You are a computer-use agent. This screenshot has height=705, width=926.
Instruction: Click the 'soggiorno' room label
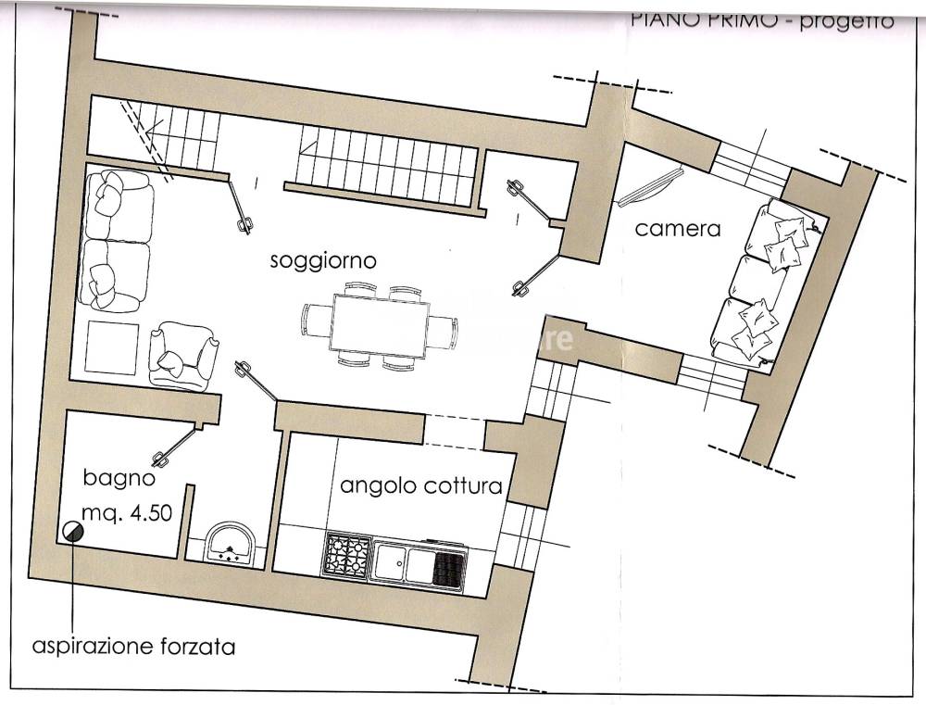click(323, 260)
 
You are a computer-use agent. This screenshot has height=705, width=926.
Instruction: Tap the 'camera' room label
click(677, 228)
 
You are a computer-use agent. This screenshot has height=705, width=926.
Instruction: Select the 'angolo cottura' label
click(421, 485)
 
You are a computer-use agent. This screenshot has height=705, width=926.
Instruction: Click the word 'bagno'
click(119, 479)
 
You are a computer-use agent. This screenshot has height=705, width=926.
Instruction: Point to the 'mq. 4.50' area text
click(126, 513)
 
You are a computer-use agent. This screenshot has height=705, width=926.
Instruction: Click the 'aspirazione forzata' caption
click(133, 646)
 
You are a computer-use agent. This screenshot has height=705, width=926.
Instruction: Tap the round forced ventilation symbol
click(72, 531)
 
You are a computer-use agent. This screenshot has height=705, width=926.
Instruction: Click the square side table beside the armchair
click(112, 345)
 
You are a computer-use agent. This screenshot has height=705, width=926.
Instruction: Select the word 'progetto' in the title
click(847, 20)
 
